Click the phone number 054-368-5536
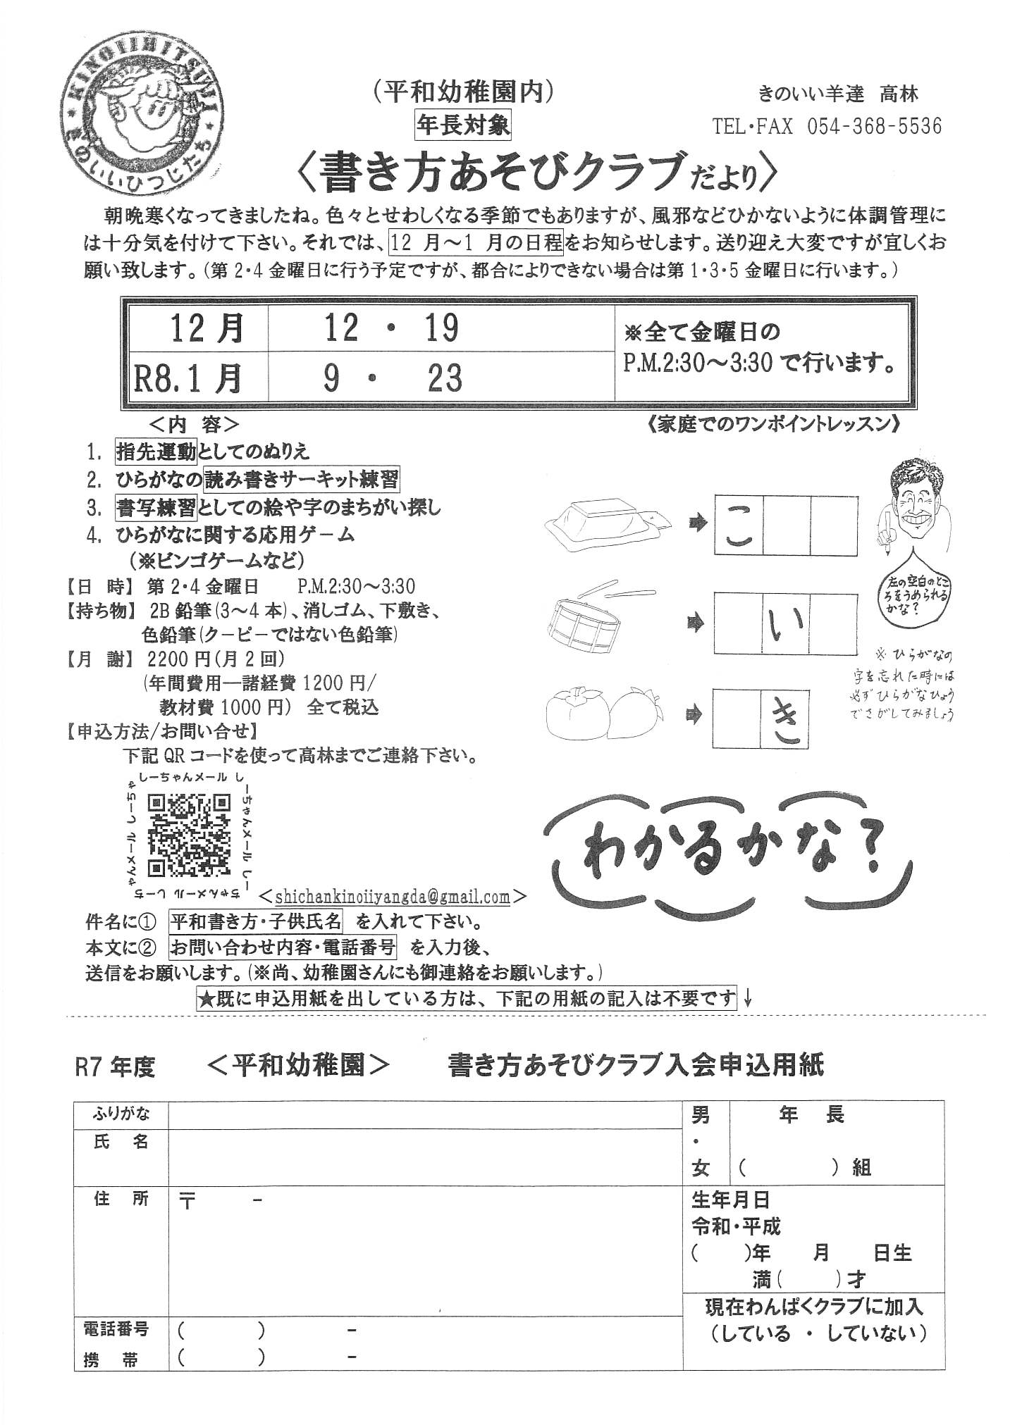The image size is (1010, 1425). [x=873, y=126]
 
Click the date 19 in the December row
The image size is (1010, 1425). [x=442, y=328]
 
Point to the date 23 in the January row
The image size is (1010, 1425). [x=445, y=378]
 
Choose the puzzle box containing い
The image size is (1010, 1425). [x=786, y=623]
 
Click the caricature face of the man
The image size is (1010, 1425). [x=913, y=501]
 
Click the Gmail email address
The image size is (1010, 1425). [x=393, y=897]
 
